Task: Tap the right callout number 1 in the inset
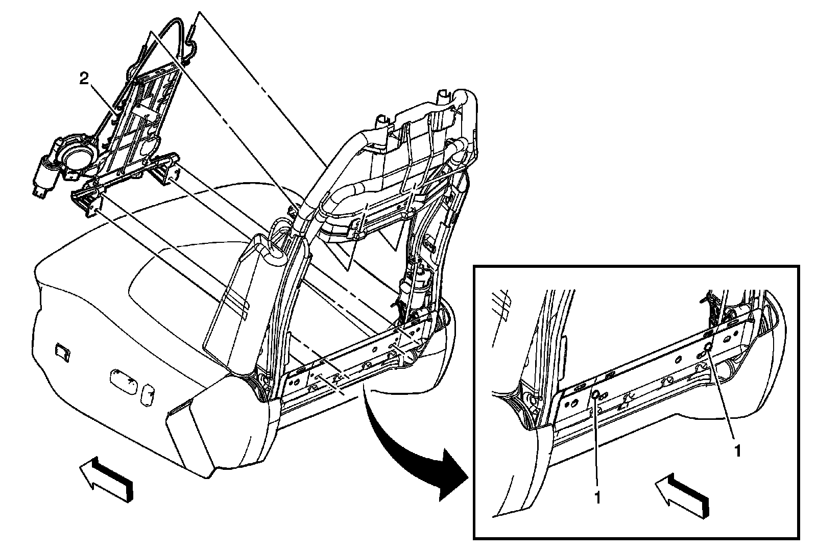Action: [736, 450]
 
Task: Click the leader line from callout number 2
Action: [105, 99]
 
